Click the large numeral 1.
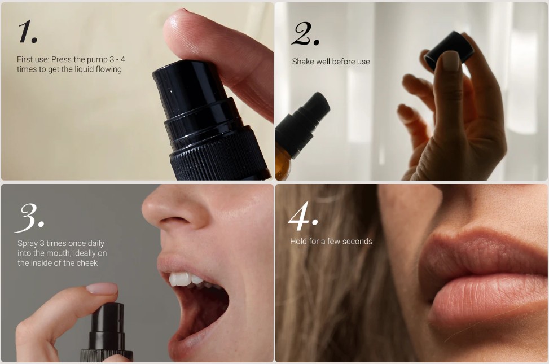coord(27,32)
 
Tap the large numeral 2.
coord(305,34)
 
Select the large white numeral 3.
coord(29,218)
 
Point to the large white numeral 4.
coord(302,217)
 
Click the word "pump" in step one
coord(98,60)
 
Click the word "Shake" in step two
coord(303,62)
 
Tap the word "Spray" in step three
coord(27,243)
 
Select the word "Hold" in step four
coord(297,242)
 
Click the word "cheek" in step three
coord(87,263)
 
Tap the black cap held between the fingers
coord(449,49)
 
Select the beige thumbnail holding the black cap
coord(451,60)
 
